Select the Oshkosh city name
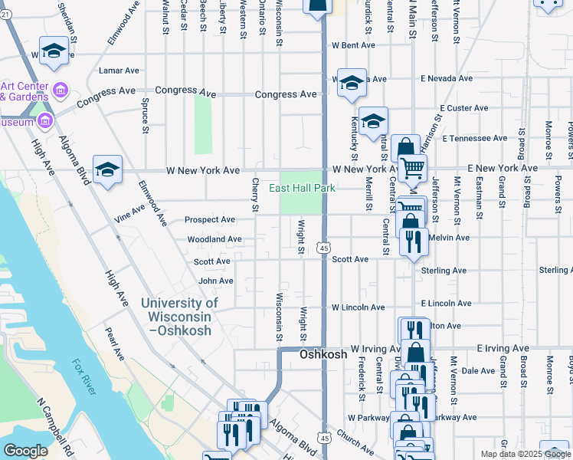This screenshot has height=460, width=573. (323, 355)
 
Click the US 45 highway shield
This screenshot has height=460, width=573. (325, 248)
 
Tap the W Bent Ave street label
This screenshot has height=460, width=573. (353, 45)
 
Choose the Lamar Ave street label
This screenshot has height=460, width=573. (119, 70)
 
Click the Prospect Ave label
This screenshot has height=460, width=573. (209, 219)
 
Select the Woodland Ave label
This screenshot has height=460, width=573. (214, 239)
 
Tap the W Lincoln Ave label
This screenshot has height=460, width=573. (358, 307)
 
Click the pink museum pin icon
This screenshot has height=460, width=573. (44, 120)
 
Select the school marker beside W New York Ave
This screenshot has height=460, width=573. (108, 169)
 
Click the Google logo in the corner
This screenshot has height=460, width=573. (25, 451)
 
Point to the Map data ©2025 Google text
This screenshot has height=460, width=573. (524, 454)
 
